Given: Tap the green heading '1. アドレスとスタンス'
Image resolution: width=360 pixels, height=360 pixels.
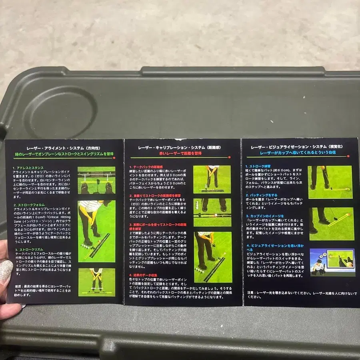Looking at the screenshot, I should (x=28, y=168).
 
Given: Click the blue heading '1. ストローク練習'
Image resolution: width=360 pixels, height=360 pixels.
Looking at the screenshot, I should (x=258, y=165).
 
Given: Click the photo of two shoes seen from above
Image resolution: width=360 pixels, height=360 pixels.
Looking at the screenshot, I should (x=96, y=180).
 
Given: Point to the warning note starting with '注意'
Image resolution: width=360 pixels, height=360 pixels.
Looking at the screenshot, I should (x=300, y=295).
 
